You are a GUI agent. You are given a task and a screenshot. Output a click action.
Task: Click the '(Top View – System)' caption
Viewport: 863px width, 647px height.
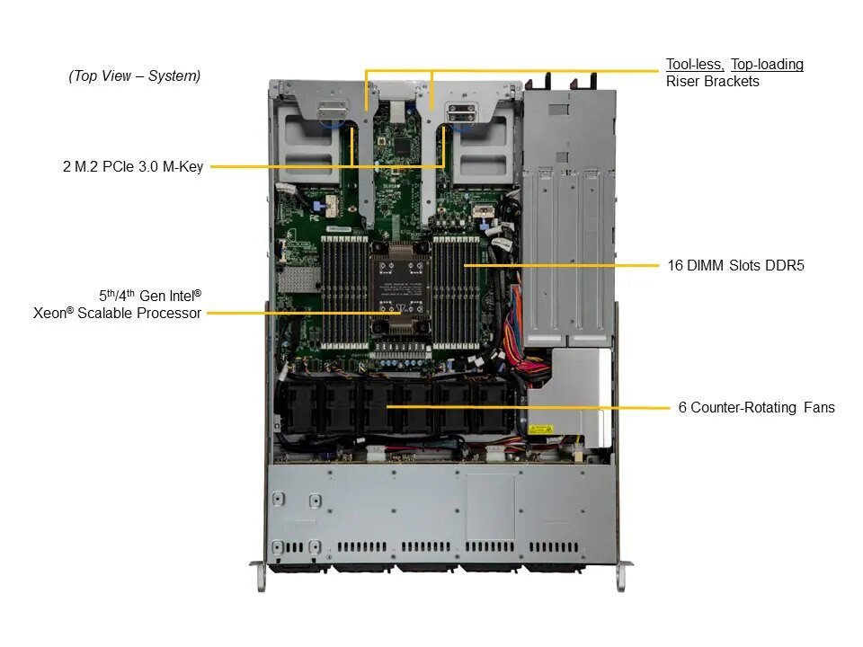coord(134,75)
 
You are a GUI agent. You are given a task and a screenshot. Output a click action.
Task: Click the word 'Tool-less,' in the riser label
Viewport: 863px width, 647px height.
coord(695,65)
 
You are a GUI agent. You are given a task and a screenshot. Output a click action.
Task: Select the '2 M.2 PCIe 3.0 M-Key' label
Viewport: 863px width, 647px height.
coord(133,166)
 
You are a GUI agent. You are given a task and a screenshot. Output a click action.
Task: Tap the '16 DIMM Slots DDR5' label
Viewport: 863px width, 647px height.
coord(736,265)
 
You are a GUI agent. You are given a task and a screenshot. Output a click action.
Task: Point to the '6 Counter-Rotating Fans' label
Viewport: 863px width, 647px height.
coord(756,407)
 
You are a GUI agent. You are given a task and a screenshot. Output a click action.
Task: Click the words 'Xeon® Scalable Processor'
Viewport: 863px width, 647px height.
coord(117,313)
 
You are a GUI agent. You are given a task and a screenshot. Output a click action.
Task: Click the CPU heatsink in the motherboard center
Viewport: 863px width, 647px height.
coord(400,288)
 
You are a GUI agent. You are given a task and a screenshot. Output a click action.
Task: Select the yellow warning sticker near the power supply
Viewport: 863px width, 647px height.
coord(540,430)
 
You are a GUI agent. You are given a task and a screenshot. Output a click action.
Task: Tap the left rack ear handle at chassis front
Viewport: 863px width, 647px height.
coord(260,576)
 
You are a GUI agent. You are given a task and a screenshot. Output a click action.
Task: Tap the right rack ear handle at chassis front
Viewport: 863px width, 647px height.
coord(622,576)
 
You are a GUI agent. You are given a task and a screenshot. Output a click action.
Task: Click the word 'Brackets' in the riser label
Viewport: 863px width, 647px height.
coord(734,82)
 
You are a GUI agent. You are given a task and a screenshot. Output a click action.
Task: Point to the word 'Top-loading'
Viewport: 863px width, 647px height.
coord(767,65)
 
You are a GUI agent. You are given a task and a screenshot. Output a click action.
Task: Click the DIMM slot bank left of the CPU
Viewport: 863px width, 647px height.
coord(344,293)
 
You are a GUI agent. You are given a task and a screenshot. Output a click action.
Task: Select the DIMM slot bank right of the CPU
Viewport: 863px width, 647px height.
coord(457,293)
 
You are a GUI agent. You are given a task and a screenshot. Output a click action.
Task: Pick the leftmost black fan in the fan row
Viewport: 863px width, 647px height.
coord(300,406)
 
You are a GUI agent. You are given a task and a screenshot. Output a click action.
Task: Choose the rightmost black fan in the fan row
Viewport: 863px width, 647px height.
coord(494,406)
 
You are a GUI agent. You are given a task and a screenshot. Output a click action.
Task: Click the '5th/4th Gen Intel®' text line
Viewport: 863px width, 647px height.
coord(150,295)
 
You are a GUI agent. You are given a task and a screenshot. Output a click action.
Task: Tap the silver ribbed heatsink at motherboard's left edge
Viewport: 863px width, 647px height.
coord(298,280)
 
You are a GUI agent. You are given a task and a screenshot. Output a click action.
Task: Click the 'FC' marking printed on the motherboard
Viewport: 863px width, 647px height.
coord(314,217)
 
